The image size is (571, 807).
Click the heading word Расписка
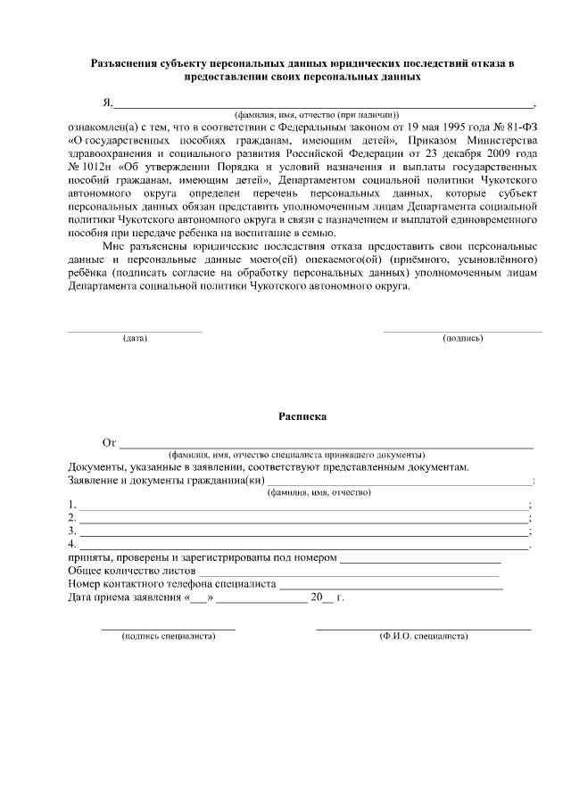[x=302, y=416]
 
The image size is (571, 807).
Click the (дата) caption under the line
[x=135, y=339]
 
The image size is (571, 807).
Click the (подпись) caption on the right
[x=462, y=339]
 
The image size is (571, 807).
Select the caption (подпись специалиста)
[x=170, y=637]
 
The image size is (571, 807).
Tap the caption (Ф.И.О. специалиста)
[x=423, y=637]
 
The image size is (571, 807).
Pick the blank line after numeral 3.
[x=303, y=531]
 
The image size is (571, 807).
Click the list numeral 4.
[x=71, y=544]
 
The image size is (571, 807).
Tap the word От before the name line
[x=110, y=442]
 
